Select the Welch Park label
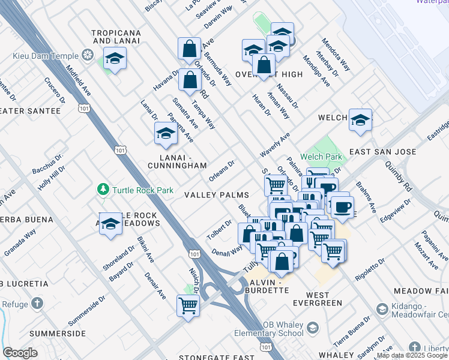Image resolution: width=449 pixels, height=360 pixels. tap(322, 157)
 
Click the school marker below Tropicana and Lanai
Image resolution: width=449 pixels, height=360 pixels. tap(114, 59)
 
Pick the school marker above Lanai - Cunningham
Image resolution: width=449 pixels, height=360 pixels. tap(165, 135)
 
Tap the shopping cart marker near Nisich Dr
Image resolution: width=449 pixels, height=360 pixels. tap(188, 306)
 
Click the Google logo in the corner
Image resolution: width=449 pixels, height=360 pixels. tap(20, 353)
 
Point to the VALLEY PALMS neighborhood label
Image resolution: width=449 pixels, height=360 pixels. tap(216, 196)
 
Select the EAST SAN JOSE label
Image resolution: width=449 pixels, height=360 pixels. tap(382, 152)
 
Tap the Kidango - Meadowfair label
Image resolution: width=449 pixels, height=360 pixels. tap(420, 310)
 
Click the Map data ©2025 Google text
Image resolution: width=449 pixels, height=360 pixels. tap(412, 355)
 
